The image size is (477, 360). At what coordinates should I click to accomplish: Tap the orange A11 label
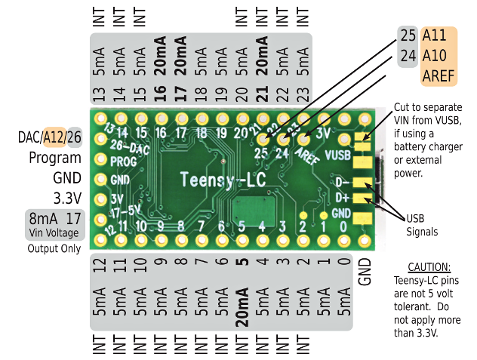pos(434,36)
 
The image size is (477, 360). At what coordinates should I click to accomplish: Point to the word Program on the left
pos(55,158)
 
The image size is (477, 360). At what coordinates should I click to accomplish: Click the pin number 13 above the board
pos(98,94)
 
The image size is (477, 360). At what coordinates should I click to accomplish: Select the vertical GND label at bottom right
pos(365,271)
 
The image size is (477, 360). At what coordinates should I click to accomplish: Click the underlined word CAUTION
pos(429,267)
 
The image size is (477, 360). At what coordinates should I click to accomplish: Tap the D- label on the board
pos(341,182)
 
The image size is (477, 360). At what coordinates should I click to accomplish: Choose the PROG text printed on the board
pos(122,161)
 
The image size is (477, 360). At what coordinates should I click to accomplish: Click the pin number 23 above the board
pos(303,94)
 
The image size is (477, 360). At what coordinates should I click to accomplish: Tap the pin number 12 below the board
pos(99,265)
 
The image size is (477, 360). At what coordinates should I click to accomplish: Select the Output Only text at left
pos(54,248)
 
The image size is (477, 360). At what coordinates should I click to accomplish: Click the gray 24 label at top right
pos(408,56)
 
